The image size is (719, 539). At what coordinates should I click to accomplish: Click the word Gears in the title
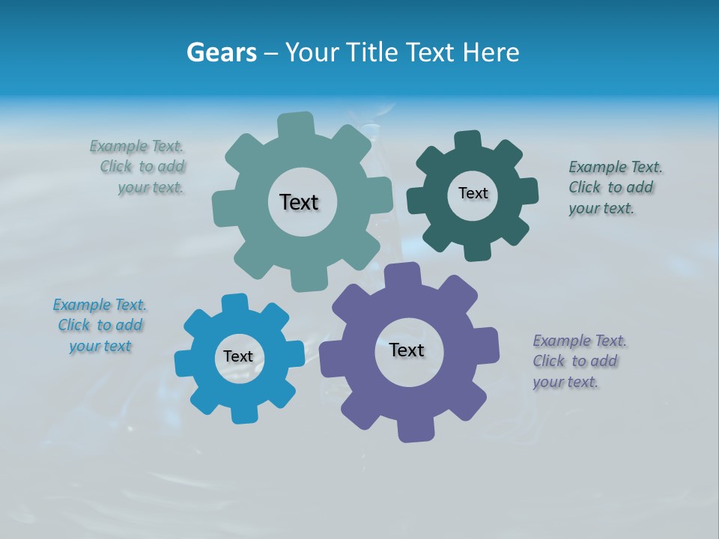pyautogui.click(x=221, y=52)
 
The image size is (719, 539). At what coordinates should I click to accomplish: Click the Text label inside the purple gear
pyautogui.click(x=407, y=350)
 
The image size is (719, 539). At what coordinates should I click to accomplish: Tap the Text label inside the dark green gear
pyautogui.click(x=473, y=193)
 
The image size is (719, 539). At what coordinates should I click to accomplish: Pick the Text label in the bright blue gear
pyautogui.click(x=238, y=357)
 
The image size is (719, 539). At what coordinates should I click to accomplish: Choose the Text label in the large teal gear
pyautogui.click(x=299, y=202)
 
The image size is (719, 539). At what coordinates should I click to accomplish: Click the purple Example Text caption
pyautogui.click(x=579, y=362)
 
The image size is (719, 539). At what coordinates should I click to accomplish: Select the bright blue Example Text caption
pyautogui.click(x=100, y=326)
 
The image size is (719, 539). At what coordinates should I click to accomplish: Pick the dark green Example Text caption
pyautogui.click(x=615, y=188)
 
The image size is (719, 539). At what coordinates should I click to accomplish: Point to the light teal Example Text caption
pyautogui.click(x=139, y=167)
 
